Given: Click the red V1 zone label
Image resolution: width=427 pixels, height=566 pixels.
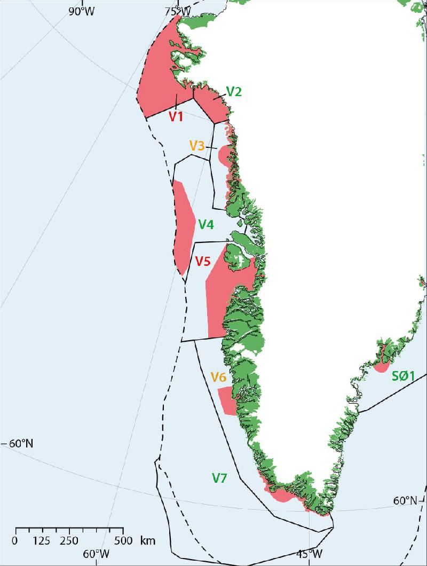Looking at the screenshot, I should (x=177, y=116).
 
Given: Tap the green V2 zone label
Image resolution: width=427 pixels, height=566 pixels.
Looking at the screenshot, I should (x=234, y=91).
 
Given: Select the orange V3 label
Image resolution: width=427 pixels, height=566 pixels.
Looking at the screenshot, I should (x=197, y=145).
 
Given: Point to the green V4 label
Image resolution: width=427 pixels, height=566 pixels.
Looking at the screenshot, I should (x=206, y=225).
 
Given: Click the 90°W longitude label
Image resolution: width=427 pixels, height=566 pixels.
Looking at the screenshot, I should (x=81, y=11).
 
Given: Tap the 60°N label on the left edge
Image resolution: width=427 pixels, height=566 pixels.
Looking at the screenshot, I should (x=20, y=444).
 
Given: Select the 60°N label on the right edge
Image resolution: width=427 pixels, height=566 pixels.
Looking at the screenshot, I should (x=406, y=501).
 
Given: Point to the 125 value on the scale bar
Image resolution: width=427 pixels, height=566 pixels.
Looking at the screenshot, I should (x=42, y=540).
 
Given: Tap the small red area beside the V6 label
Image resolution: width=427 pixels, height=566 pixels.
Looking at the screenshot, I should (x=228, y=400).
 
